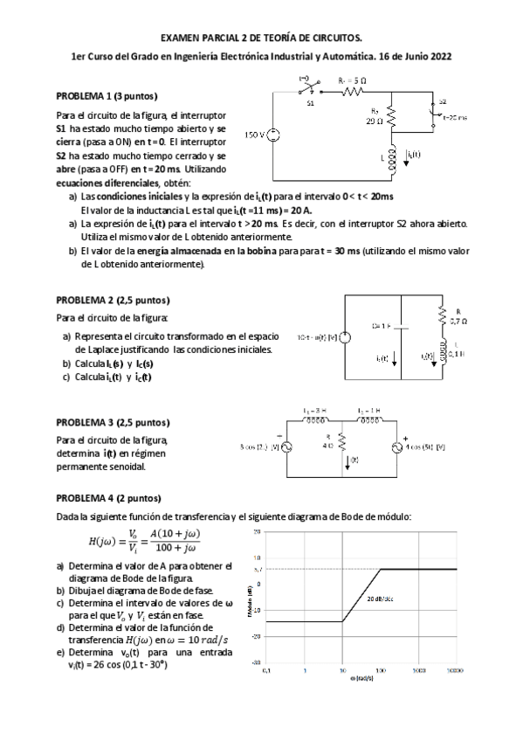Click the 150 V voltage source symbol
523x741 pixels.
pos(273,136)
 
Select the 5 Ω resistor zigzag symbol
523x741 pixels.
pos(352,90)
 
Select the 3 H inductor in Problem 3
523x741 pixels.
pos(315,419)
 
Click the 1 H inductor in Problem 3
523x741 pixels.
pos(368,419)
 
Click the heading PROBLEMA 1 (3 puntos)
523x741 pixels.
pos(107,95)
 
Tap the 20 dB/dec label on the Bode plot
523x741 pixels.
pos(381,599)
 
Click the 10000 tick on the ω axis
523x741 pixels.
pos(455,671)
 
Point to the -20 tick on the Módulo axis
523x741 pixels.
pos(258,636)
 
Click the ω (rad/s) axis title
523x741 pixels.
pos(360,680)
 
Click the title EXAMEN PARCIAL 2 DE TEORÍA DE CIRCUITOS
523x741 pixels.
pos(261,38)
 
